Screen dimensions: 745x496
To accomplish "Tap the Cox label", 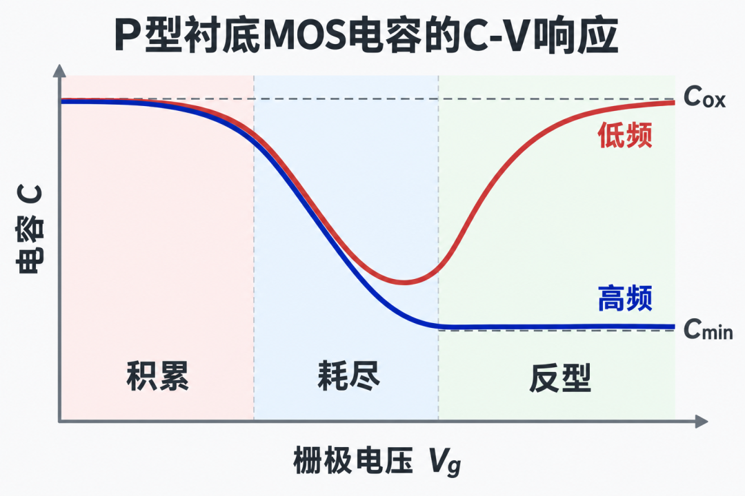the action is point(704,97).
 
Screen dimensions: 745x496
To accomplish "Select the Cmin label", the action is point(708,329).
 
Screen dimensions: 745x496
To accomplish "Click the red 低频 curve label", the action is point(625,135).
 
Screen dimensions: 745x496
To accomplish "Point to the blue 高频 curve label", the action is point(625,298).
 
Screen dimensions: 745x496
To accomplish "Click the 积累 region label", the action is point(158,375).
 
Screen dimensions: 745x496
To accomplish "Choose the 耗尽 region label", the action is point(348,375).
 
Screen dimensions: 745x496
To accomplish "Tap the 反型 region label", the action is point(560,378).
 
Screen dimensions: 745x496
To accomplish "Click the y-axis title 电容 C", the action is point(30,229).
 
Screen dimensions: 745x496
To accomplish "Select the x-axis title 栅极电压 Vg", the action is point(377,461).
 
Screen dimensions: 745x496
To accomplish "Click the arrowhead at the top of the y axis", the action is point(59,71).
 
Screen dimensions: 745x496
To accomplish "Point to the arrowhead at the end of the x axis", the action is point(702,421).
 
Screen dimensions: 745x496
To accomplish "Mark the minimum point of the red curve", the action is point(404,283).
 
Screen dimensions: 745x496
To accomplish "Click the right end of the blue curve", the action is point(674,327).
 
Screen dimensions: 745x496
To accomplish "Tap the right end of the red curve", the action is point(674,103).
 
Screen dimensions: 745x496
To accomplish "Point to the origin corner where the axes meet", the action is point(59,421).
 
